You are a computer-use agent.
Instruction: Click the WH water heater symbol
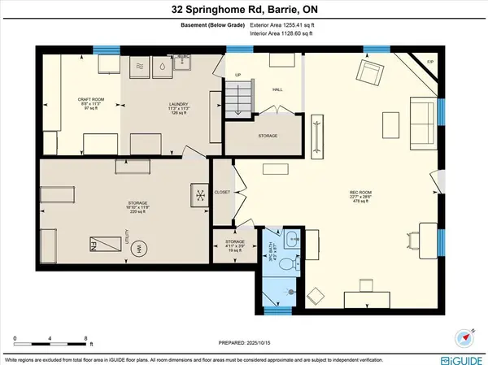pyautogui.click(x=138, y=248)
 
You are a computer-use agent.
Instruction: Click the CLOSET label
pyautogui.click(x=223, y=192)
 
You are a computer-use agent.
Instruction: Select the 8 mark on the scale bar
pyautogui.click(x=86, y=337)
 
